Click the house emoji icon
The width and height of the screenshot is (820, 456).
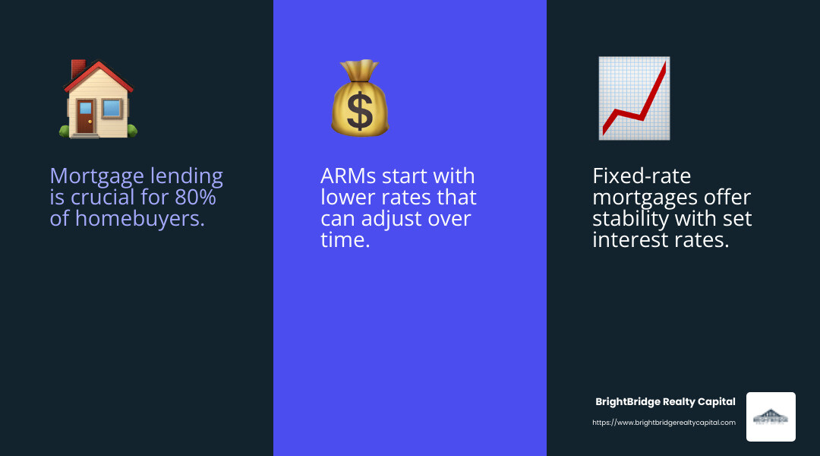click(x=98, y=99)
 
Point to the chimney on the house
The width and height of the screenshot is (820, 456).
click(x=77, y=68)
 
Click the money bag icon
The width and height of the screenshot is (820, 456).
click(x=359, y=99)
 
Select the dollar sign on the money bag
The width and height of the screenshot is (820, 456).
click(x=359, y=109)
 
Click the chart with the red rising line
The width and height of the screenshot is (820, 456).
click(x=633, y=99)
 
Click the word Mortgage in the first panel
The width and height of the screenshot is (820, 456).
click(x=95, y=177)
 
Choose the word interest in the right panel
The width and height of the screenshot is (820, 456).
click(x=631, y=241)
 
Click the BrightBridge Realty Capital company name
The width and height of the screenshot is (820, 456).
click(x=665, y=402)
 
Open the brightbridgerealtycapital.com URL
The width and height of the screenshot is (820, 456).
click(x=664, y=423)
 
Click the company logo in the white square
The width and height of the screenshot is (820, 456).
click(x=771, y=416)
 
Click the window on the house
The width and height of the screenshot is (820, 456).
click(x=111, y=108)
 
